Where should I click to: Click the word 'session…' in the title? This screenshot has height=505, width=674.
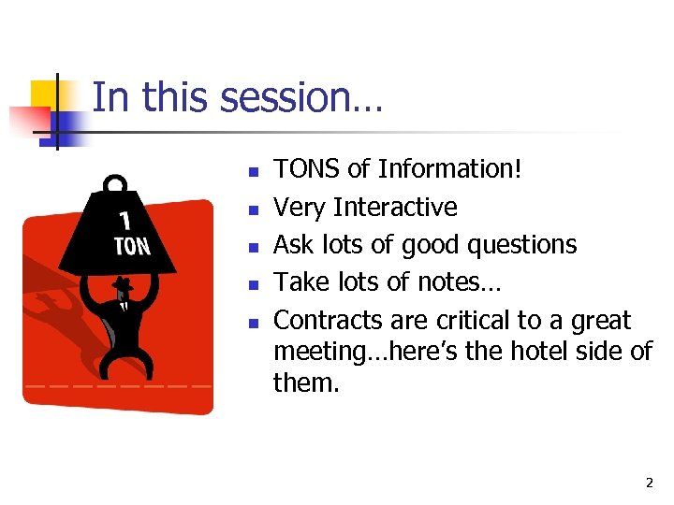313,98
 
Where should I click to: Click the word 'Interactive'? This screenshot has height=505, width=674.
395,207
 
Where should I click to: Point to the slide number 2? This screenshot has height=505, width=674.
649,483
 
